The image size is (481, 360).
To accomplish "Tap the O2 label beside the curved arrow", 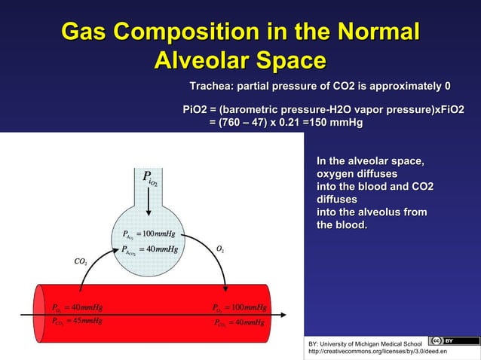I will click(219, 249).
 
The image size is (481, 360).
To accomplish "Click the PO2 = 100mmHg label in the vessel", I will click(240, 308).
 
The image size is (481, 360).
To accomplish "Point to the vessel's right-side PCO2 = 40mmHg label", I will click(240, 322).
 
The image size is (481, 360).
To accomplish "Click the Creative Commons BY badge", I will click(443, 340).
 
